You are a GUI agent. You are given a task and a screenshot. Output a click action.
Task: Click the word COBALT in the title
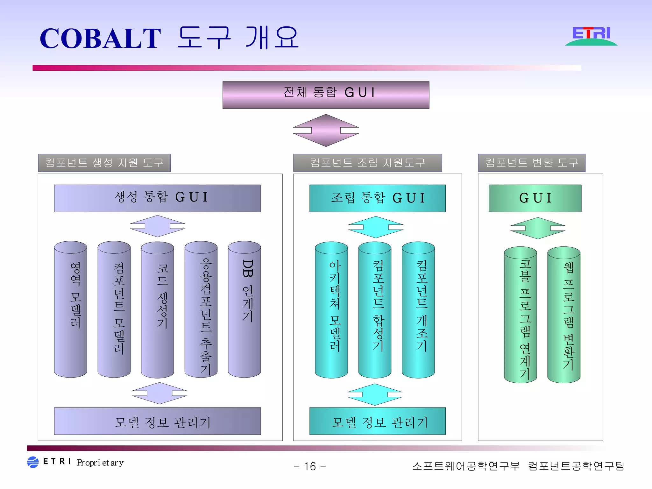(100, 39)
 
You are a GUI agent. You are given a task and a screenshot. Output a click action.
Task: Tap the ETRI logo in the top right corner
(591, 36)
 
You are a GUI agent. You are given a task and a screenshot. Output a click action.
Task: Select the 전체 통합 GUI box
(326, 95)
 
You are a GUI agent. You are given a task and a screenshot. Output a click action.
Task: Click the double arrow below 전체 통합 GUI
(326, 130)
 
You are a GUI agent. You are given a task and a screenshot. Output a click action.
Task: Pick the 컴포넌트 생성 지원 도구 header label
(104, 163)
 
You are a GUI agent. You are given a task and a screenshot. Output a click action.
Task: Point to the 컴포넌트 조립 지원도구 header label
(367, 163)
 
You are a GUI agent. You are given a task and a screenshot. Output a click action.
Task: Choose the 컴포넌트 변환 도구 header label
(531, 163)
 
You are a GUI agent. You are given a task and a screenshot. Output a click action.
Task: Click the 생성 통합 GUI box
(157, 198)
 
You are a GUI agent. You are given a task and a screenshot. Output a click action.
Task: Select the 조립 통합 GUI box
(377, 198)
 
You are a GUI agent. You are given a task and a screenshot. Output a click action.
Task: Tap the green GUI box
(535, 198)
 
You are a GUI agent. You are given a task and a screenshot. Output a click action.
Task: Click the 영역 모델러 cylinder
(70, 309)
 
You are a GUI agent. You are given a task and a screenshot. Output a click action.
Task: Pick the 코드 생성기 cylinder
(157, 309)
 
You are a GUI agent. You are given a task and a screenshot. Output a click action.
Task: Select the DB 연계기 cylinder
(244, 309)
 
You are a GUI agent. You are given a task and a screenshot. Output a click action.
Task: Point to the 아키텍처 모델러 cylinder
(331, 309)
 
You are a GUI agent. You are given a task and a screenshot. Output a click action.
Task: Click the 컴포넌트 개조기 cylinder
(418, 309)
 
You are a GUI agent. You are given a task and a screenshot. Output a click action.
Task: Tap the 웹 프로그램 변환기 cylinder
(563, 315)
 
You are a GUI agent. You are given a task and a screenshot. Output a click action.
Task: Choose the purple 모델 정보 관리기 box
(157, 421)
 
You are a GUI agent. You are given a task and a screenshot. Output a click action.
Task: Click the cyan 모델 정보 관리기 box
(377, 421)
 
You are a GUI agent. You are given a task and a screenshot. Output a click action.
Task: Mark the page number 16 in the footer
(310, 466)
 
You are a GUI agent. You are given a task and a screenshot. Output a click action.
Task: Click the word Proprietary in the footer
(100, 463)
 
